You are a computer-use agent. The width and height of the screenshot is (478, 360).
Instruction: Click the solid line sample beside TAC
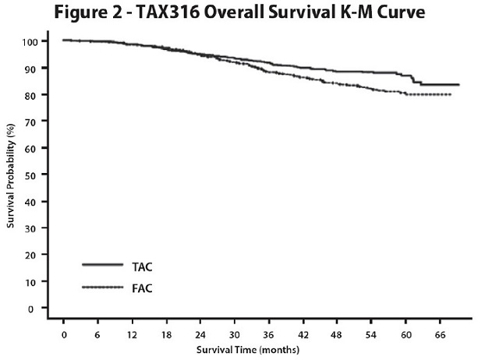coord(102,265)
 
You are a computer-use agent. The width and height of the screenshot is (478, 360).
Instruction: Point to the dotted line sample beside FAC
coord(102,288)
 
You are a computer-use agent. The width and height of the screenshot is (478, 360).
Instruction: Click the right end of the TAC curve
coord(459,84)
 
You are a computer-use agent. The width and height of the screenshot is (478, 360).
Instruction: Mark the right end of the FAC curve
coord(451,94)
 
